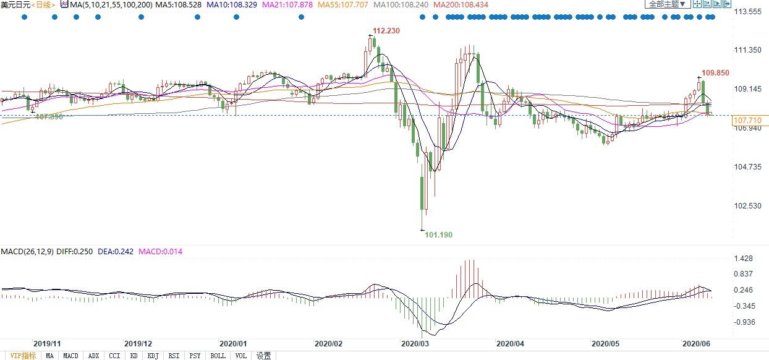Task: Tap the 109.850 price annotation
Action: [715, 72]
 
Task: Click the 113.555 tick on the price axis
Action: [747, 12]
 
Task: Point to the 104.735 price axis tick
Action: [747, 167]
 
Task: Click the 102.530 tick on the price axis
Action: [747, 206]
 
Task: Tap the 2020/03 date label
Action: [415, 343]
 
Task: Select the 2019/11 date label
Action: [47, 343]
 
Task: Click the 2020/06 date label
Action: [695, 343]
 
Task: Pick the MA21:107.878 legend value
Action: [288, 4]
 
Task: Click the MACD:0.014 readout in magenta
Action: [160, 252]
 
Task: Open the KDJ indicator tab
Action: [153, 356]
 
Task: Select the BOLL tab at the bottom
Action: [218, 356]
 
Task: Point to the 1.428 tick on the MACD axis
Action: [744, 259]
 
